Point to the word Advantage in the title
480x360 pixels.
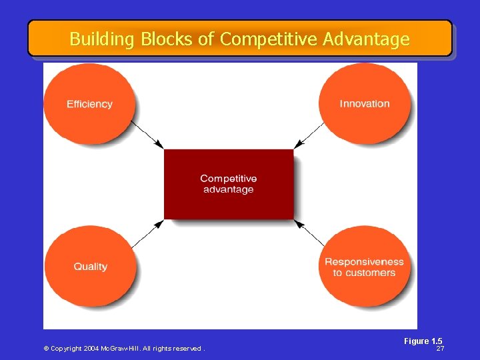366,39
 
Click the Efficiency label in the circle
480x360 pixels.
89,104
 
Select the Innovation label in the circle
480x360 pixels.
365,103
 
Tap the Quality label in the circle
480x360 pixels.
90,267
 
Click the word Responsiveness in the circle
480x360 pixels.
364,262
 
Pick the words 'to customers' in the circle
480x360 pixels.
364,273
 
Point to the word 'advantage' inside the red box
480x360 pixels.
229,189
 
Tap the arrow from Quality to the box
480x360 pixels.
147,235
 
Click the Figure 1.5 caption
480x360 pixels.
423,341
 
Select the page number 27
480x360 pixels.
440,349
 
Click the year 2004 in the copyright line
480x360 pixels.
91,349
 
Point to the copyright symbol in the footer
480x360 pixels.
46,349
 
